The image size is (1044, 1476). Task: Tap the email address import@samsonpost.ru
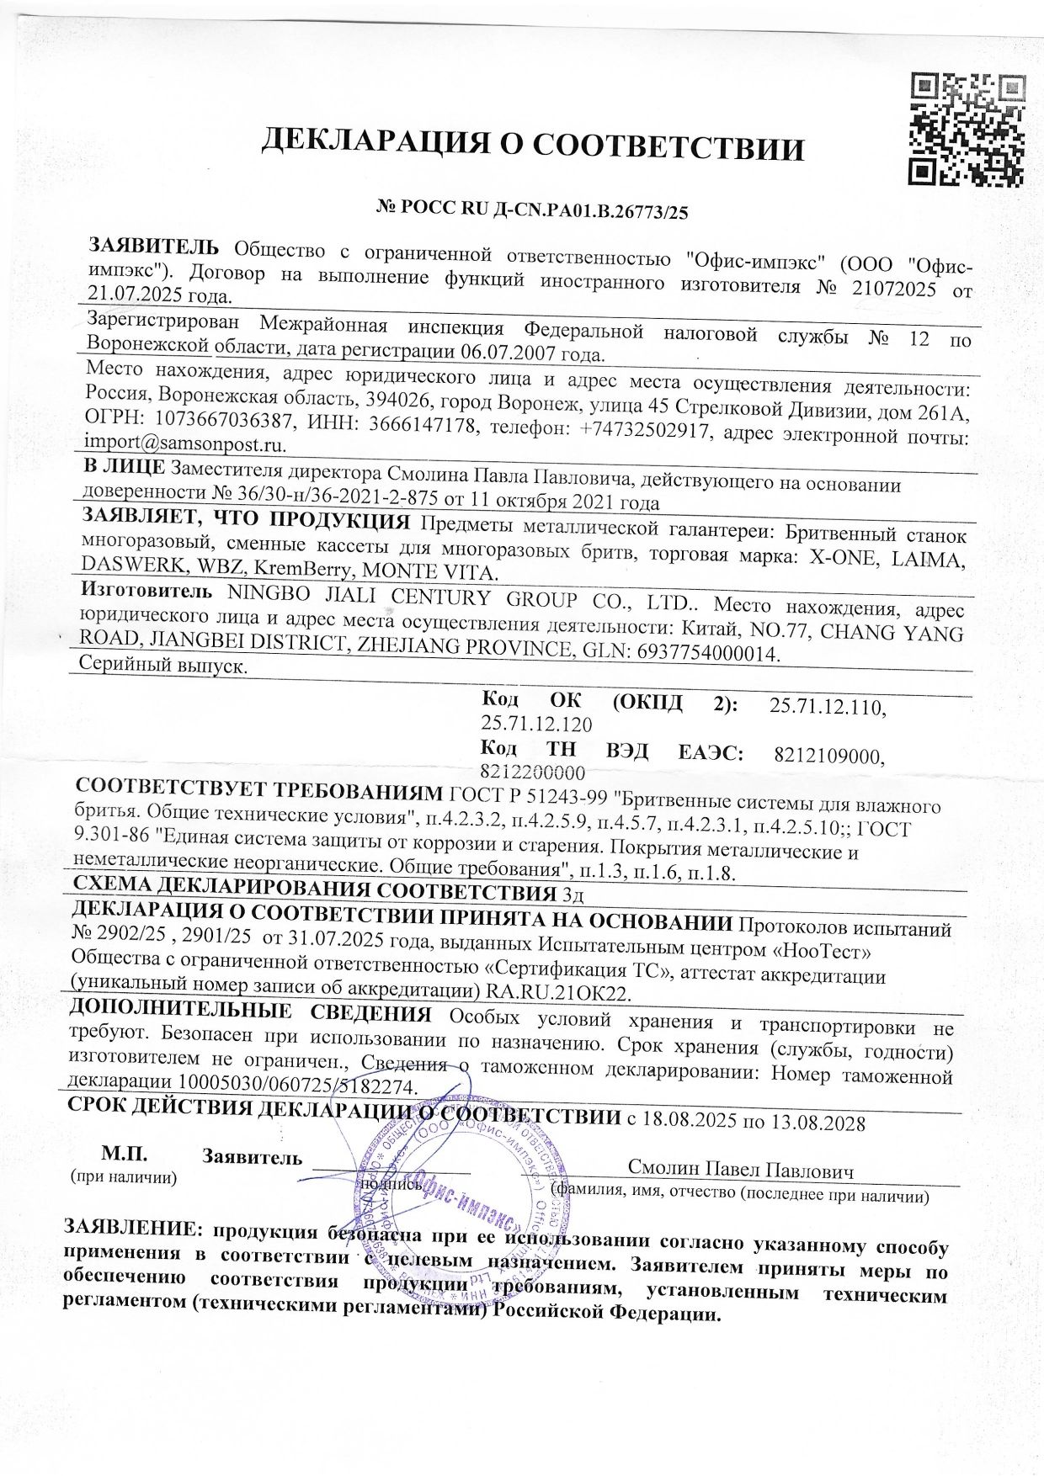186,443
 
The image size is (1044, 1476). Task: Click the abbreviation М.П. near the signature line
124,1153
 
